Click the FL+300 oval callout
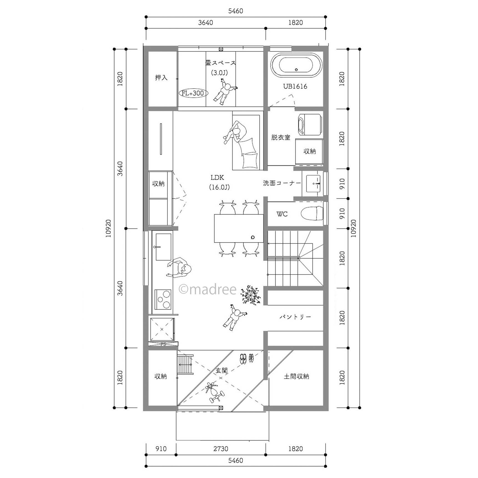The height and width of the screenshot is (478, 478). (193, 93)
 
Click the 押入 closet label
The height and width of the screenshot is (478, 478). (161, 78)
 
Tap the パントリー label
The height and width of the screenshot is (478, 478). (295, 317)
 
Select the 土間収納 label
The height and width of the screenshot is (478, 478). (296, 376)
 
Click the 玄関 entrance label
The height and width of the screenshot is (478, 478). (222, 371)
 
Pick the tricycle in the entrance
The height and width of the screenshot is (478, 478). (215, 392)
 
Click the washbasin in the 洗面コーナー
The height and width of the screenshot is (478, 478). (313, 183)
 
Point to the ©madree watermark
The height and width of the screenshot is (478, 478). (207, 290)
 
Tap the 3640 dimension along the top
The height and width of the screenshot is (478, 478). (205, 22)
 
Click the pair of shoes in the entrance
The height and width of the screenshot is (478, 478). (246, 359)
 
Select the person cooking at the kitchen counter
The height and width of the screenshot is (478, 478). (179, 268)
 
